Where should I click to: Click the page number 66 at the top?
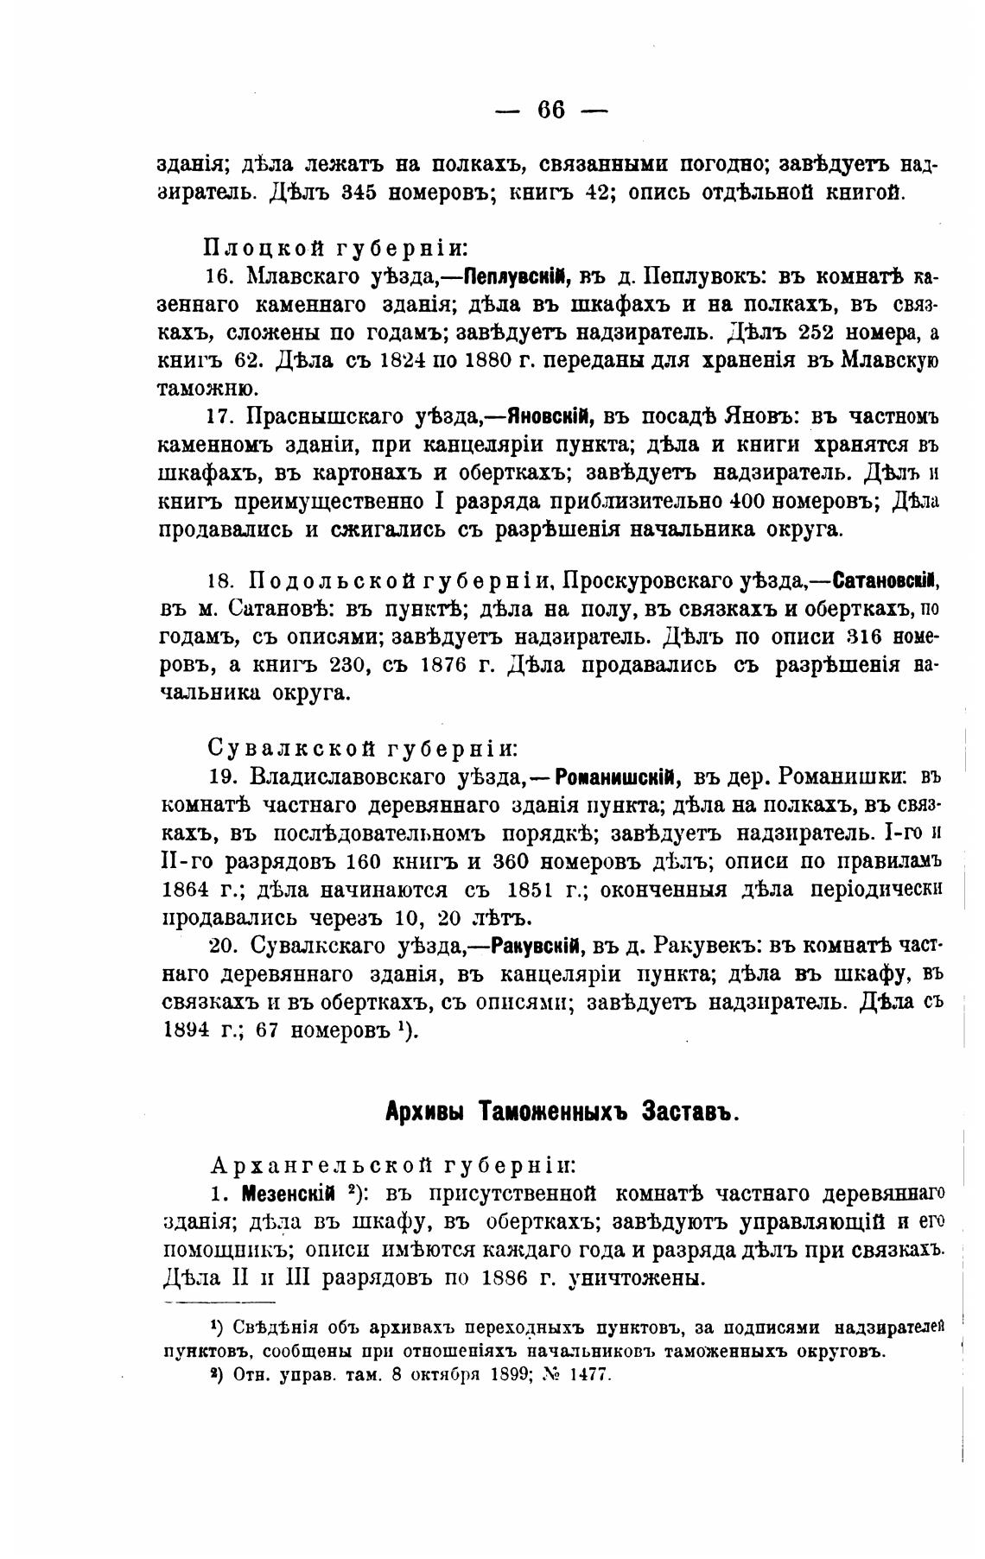(550, 110)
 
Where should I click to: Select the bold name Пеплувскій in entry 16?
(514, 276)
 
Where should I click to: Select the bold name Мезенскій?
(290, 1195)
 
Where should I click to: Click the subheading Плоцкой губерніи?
(336, 248)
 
